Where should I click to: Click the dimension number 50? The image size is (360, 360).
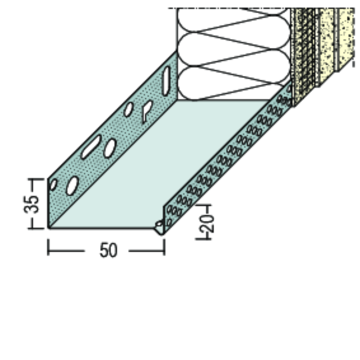[x=107, y=250]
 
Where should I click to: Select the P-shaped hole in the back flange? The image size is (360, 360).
[x=147, y=110]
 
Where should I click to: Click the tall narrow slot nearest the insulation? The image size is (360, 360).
[x=166, y=80]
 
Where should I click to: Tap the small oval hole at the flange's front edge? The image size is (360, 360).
[x=53, y=185]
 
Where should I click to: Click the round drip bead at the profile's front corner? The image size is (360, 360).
[x=159, y=226]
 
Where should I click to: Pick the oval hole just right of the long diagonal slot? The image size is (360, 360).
[x=110, y=148]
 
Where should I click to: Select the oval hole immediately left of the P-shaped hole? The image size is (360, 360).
[x=128, y=109]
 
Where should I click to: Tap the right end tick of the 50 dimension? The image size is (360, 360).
[x=164, y=247]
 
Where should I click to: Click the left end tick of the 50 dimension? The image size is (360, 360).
[x=48, y=247]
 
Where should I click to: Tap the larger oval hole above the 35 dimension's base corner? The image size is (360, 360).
[x=72, y=186]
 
